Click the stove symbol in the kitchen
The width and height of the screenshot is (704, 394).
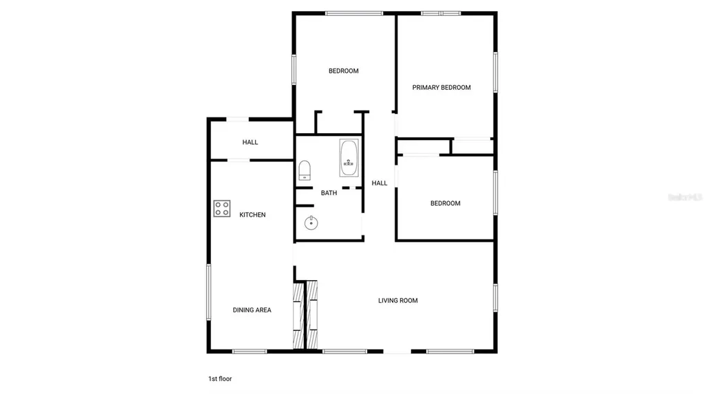click(221, 209)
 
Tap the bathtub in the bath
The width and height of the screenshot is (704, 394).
click(349, 158)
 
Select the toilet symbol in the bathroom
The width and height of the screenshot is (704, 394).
click(305, 170)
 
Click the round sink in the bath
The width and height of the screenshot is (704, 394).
click(311, 222)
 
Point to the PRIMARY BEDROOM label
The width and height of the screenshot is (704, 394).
click(441, 87)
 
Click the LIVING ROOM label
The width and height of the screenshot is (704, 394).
click(397, 300)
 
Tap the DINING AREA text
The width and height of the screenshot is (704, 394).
click(252, 310)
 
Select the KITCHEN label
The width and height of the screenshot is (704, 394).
click(252, 215)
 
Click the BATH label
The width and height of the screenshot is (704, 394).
click(329, 193)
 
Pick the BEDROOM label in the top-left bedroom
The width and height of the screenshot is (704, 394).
click(343, 71)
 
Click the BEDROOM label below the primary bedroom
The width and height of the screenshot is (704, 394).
click(445, 203)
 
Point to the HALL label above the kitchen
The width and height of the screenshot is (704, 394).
click(250, 142)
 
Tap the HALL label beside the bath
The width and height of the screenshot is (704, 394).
click(379, 183)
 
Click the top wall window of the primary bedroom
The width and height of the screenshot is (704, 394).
click(441, 12)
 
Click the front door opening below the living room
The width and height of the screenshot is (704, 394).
click(397, 352)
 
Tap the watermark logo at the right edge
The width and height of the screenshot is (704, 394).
click(685, 196)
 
